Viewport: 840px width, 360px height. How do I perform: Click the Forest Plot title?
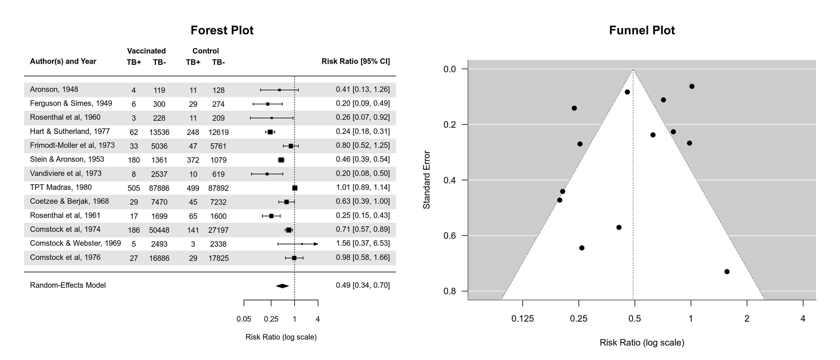[x=222, y=30]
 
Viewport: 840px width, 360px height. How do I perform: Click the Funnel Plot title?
[x=642, y=30]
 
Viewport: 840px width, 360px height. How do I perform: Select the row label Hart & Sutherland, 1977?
[x=70, y=132]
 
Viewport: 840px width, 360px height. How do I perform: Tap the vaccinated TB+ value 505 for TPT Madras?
[x=134, y=188]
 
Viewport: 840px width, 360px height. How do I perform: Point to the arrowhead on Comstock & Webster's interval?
[x=316, y=244]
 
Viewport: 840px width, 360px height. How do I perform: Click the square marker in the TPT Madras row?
[x=295, y=188]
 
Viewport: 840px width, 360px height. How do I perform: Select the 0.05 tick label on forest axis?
[x=244, y=319]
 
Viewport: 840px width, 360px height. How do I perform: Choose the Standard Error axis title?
[x=426, y=180]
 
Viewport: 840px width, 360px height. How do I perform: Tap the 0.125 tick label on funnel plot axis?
[x=522, y=318]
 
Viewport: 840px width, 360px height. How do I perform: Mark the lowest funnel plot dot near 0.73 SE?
[x=727, y=272]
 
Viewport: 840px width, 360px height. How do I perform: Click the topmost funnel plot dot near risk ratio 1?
[x=692, y=86]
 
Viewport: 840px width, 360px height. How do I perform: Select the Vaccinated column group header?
[x=146, y=51]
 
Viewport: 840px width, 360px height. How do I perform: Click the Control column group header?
[x=205, y=51]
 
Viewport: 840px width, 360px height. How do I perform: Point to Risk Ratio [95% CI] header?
[x=355, y=61]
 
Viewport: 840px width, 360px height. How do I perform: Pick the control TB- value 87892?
[x=218, y=188]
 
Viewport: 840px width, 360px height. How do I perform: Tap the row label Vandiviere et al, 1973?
[x=66, y=174]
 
